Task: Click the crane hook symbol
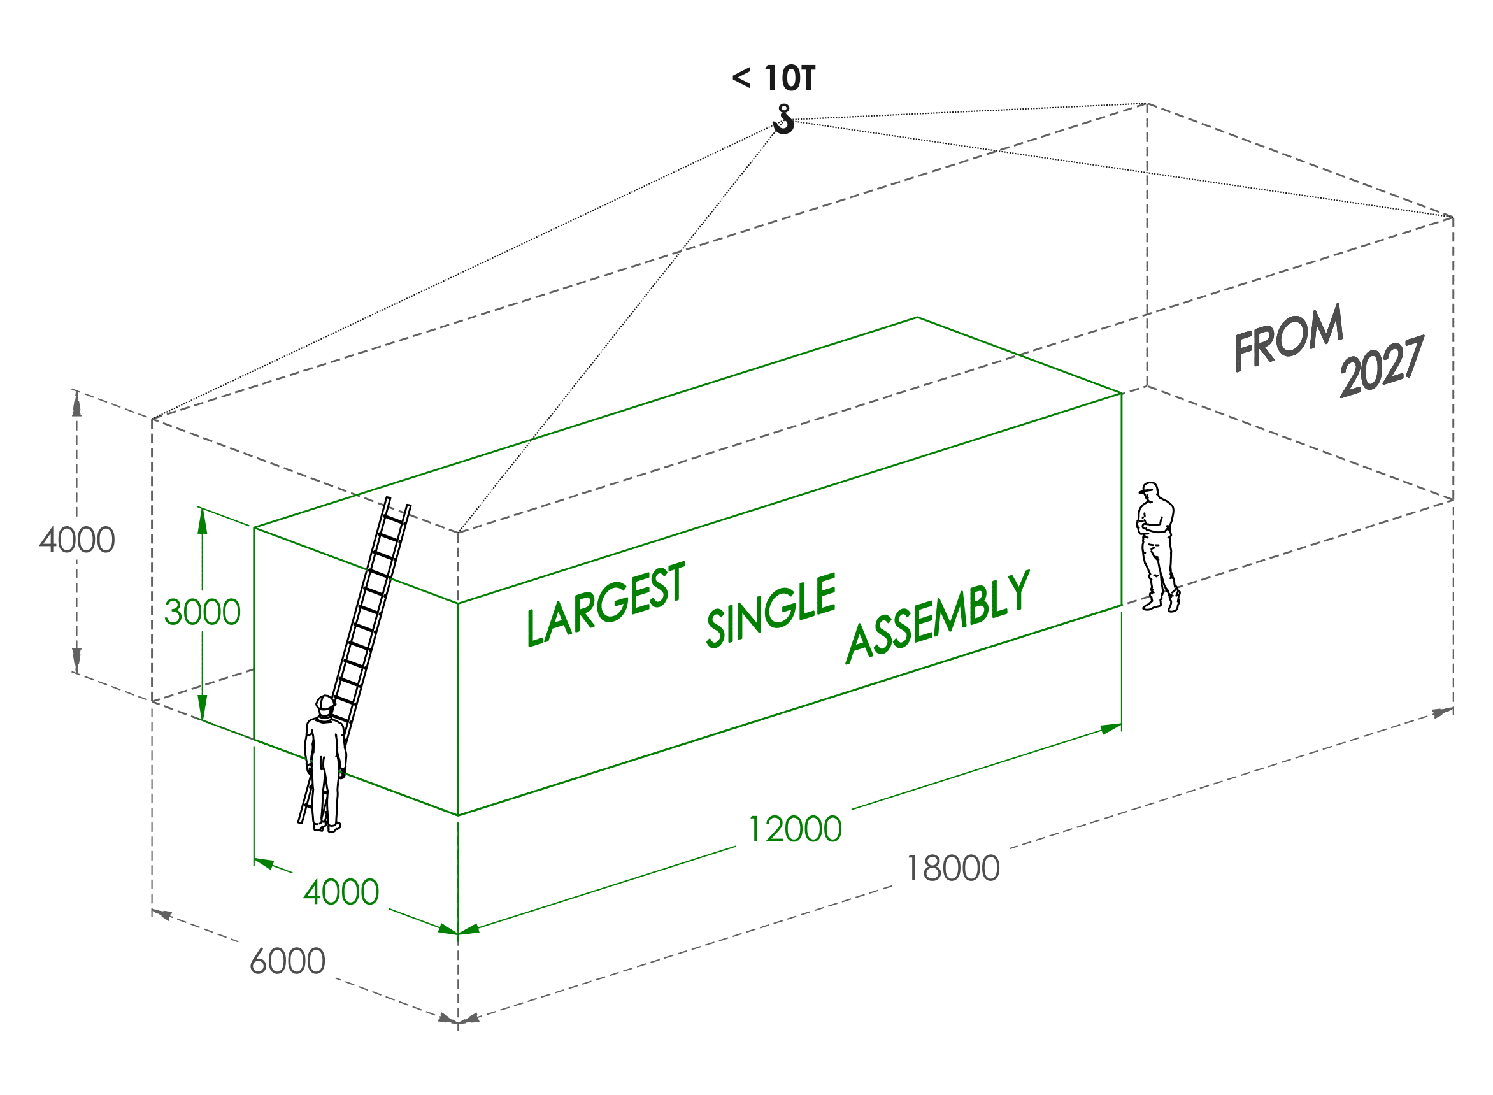pos(783,120)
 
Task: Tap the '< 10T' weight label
pos(773,78)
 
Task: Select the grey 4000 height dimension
pos(77,540)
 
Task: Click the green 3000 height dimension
pos(202,612)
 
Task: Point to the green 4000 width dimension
pos(341,892)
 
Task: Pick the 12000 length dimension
pos(794,829)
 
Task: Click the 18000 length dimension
pos(952,868)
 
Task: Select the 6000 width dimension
pos(287,961)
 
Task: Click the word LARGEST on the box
pos(605,605)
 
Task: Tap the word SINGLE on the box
pos(771,610)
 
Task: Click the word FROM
pos(1287,338)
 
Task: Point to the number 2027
pos(1382,366)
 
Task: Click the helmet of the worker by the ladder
pos(325,703)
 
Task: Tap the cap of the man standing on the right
pos(1149,488)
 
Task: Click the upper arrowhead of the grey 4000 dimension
pos(77,404)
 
